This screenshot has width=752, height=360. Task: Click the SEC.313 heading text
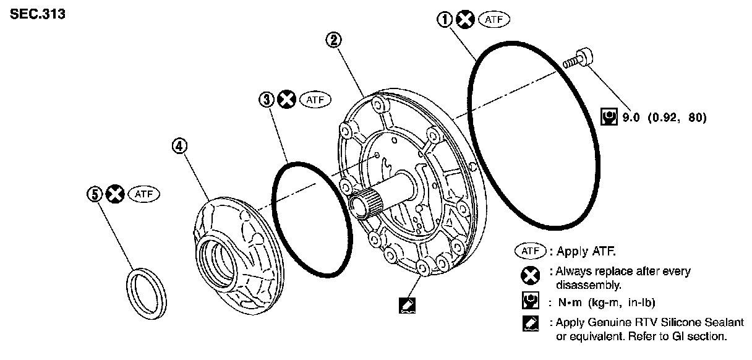pos(38,14)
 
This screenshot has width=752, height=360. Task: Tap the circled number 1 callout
pos(445,20)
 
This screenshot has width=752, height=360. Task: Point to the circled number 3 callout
pos(266,99)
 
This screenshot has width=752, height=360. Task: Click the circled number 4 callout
pos(179,146)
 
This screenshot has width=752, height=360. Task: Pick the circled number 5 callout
pos(95,194)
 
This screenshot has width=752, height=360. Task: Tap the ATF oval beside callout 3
pos(315,99)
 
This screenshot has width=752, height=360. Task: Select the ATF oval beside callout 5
pos(143,194)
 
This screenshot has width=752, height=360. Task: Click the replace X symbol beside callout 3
pos(286,99)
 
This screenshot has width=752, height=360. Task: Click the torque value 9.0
pos(631,117)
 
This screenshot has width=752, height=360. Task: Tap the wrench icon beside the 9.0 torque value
pos(608,117)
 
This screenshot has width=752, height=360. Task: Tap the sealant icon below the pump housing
pos(409,304)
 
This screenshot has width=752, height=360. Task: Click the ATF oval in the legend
pos(530,251)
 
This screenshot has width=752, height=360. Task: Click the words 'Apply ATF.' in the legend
pos(587,252)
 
